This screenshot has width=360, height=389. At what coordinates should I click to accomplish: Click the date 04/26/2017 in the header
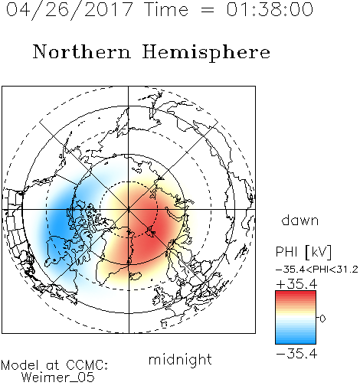click(x=70, y=10)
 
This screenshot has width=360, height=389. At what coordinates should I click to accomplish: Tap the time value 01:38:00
click(x=270, y=10)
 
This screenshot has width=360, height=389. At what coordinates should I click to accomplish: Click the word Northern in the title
click(x=82, y=51)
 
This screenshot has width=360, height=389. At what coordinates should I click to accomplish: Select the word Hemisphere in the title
click(x=206, y=53)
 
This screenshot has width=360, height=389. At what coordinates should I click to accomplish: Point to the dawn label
click(x=300, y=221)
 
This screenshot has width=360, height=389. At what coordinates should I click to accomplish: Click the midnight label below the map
click(x=180, y=360)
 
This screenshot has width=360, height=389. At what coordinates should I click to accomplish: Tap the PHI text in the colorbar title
click(x=286, y=252)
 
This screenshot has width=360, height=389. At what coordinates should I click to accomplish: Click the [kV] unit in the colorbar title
click(x=318, y=252)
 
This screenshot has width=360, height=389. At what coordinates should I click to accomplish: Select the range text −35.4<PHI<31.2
click(x=317, y=270)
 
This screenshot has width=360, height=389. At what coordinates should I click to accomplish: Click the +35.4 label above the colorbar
click(x=296, y=284)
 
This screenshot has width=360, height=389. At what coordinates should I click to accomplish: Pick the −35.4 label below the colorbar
click(x=296, y=354)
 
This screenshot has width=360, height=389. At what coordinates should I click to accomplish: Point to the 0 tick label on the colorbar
click(x=322, y=319)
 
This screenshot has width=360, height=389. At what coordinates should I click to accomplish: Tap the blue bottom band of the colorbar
click(x=296, y=342)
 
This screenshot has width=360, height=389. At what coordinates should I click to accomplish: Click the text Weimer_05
click(x=57, y=378)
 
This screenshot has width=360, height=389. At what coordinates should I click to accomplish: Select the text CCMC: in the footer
click(x=87, y=365)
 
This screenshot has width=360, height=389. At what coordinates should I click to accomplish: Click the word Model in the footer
click(x=20, y=365)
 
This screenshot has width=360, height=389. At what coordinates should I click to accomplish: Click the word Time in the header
click(x=166, y=10)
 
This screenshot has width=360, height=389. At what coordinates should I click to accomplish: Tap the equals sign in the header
click(x=208, y=10)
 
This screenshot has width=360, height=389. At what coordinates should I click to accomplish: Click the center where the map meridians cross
click(x=129, y=210)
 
